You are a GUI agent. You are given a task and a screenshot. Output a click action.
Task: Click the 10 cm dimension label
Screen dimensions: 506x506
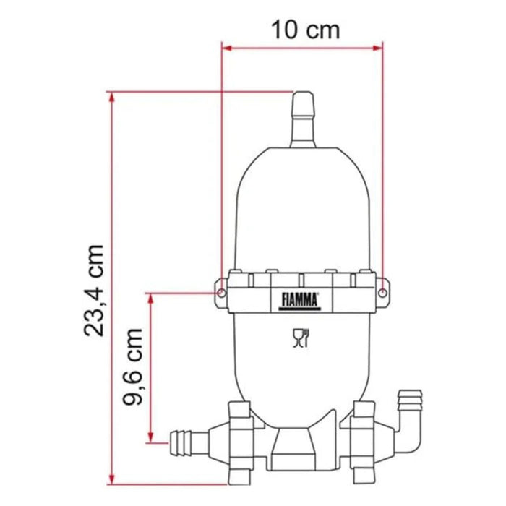coord(304,30)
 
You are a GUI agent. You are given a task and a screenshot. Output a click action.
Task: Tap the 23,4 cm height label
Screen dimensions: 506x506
coord(95,289)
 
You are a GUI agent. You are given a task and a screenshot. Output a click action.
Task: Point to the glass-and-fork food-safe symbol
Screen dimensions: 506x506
coord(299,338)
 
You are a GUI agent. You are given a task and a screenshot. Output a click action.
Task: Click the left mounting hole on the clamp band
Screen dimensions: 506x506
coord(218,293)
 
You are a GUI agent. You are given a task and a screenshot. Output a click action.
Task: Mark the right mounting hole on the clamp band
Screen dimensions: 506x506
coord(382,293)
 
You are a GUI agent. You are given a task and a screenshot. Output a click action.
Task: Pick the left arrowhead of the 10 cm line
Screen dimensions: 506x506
coord(226,48)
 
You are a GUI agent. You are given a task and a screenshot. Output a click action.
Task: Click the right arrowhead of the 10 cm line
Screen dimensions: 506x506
coord(377,48)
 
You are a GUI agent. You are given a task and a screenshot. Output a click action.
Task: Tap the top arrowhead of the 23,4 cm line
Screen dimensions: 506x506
coord(111,96)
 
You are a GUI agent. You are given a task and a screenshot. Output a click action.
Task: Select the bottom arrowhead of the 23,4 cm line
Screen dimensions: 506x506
coord(111,479)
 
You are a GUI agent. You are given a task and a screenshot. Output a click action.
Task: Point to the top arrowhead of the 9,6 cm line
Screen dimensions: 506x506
coord(150,297)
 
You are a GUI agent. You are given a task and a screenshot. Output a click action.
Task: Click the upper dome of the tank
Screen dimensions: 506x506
coord(301,202)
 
